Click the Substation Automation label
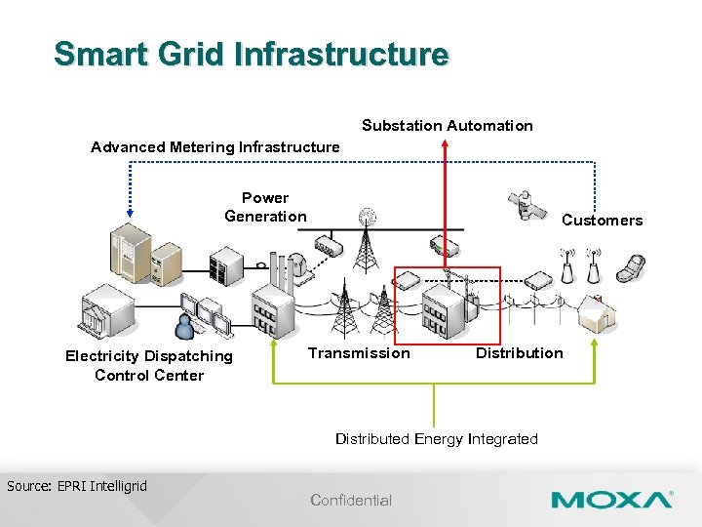(x=447, y=126)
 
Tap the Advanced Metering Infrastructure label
(x=215, y=147)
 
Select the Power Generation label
(x=265, y=207)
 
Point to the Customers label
(x=602, y=221)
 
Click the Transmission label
(x=359, y=353)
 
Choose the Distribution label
(x=519, y=353)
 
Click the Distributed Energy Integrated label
(x=436, y=439)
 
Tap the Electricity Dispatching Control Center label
(x=149, y=365)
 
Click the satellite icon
(x=527, y=205)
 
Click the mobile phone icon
(x=634, y=264)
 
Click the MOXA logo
(x=611, y=500)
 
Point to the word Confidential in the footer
(x=351, y=501)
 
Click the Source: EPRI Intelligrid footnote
(x=77, y=485)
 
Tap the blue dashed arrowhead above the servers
(x=130, y=214)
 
